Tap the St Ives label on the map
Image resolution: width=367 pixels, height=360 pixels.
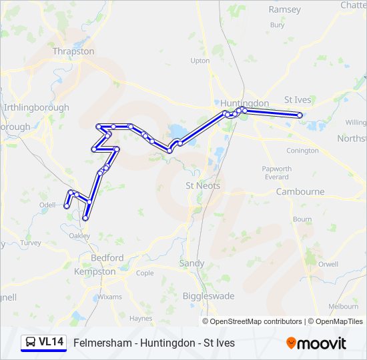pyautogui.click(x=298, y=100)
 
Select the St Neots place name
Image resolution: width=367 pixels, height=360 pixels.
pyautogui.click(x=202, y=185)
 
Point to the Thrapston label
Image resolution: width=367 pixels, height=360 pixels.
pyautogui.click(x=73, y=51)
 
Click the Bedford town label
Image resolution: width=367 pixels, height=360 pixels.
pyautogui.click(x=107, y=258)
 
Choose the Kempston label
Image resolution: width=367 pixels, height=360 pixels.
pyautogui.click(x=95, y=271)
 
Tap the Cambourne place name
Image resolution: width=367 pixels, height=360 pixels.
pyautogui.click(x=300, y=192)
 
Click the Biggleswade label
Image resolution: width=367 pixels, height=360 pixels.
pyautogui.click(x=200, y=296)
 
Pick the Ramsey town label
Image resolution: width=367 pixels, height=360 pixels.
pyautogui.click(x=284, y=10)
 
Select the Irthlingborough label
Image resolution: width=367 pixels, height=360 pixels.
pyautogui.click(x=36, y=107)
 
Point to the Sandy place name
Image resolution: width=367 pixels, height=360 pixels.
pyautogui.click(x=192, y=263)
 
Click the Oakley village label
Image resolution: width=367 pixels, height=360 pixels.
pyautogui.click(x=79, y=236)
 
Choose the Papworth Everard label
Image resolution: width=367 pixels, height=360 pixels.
pyautogui.click(x=276, y=173)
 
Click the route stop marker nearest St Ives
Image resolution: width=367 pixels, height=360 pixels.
pyautogui.click(x=300, y=115)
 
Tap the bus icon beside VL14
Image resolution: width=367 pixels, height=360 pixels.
pyautogui.click(x=30, y=342)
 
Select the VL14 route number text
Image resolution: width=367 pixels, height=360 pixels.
pyautogui.click(x=51, y=342)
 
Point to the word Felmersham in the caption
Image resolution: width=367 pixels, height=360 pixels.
pyautogui.click(x=100, y=343)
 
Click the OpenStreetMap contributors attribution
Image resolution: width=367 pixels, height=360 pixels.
pyautogui.click(x=256, y=321)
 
